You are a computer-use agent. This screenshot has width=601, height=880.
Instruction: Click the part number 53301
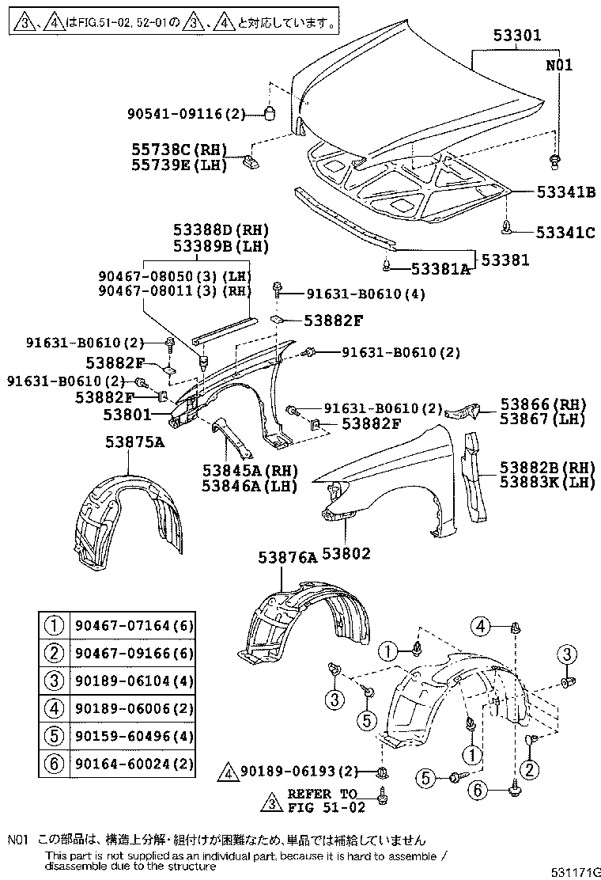[517, 36]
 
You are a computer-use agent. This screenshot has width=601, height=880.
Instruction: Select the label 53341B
[564, 192]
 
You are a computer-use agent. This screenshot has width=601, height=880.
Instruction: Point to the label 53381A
[432, 270]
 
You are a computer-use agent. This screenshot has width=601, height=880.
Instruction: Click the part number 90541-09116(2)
[187, 114]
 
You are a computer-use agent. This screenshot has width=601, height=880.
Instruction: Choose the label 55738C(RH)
[180, 150]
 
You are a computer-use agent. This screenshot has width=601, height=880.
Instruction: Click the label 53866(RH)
[546, 403]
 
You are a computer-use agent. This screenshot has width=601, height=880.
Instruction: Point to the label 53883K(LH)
[546, 482]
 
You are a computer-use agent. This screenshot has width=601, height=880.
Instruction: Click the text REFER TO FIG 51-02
[322, 799]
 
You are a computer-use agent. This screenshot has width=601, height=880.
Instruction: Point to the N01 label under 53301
[558, 65]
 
